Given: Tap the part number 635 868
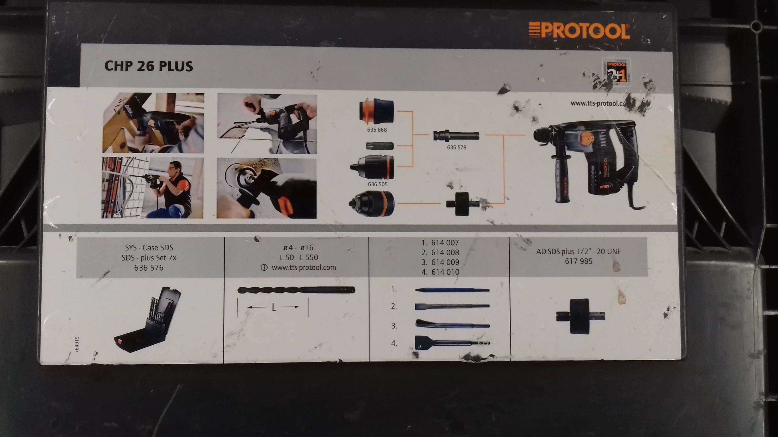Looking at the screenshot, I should tap(377, 130).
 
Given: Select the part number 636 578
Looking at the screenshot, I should tap(456, 148).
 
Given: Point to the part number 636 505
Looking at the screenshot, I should tap(378, 184).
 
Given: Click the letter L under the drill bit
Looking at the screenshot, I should tap(274, 307).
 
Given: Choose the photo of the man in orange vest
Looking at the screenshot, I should tap(152, 188).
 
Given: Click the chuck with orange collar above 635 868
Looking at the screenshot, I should tap(376, 111).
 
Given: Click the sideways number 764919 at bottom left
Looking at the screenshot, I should tap(77, 344).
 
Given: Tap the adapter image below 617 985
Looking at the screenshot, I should tap(580, 316).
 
